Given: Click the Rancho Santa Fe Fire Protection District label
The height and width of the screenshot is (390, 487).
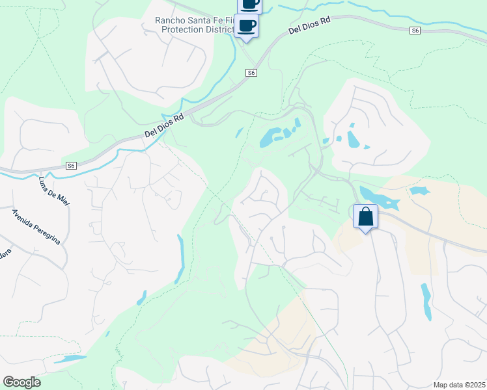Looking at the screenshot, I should [x=194, y=25].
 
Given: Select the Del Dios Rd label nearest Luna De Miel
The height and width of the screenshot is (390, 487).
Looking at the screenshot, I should [x=165, y=127].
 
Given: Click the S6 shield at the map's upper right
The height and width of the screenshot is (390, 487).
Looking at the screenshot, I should [x=415, y=31].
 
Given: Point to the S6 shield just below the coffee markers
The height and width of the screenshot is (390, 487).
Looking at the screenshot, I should [x=251, y=73].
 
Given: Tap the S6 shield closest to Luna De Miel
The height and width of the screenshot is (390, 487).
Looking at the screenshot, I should [x=71, y=166].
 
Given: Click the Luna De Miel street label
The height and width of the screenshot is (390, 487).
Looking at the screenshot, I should [x=55, y=191].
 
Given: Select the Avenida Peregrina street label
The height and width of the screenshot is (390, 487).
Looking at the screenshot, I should [x=36, y=227].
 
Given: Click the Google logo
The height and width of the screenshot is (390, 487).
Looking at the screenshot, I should [x=21, y=382].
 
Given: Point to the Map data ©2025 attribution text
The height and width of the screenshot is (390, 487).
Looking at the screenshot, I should [x=459, y=385].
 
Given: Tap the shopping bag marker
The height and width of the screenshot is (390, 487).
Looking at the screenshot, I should [x=365, y=216].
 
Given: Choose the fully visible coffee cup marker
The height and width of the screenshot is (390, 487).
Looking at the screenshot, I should [x=246, y=27].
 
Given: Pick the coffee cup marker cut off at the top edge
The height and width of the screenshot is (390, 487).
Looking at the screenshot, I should [x=250, y=5].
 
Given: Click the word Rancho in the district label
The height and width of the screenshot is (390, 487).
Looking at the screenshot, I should [x=171, y=20].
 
